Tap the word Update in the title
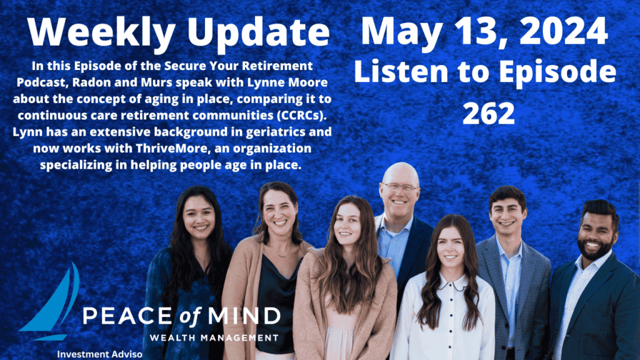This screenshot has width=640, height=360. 258,33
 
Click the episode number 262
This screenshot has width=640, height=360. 489,113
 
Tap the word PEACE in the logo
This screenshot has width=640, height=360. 132,316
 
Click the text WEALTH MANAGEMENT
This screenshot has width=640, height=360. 214,337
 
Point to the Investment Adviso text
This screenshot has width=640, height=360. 99,354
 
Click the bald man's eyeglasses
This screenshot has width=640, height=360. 399,188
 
